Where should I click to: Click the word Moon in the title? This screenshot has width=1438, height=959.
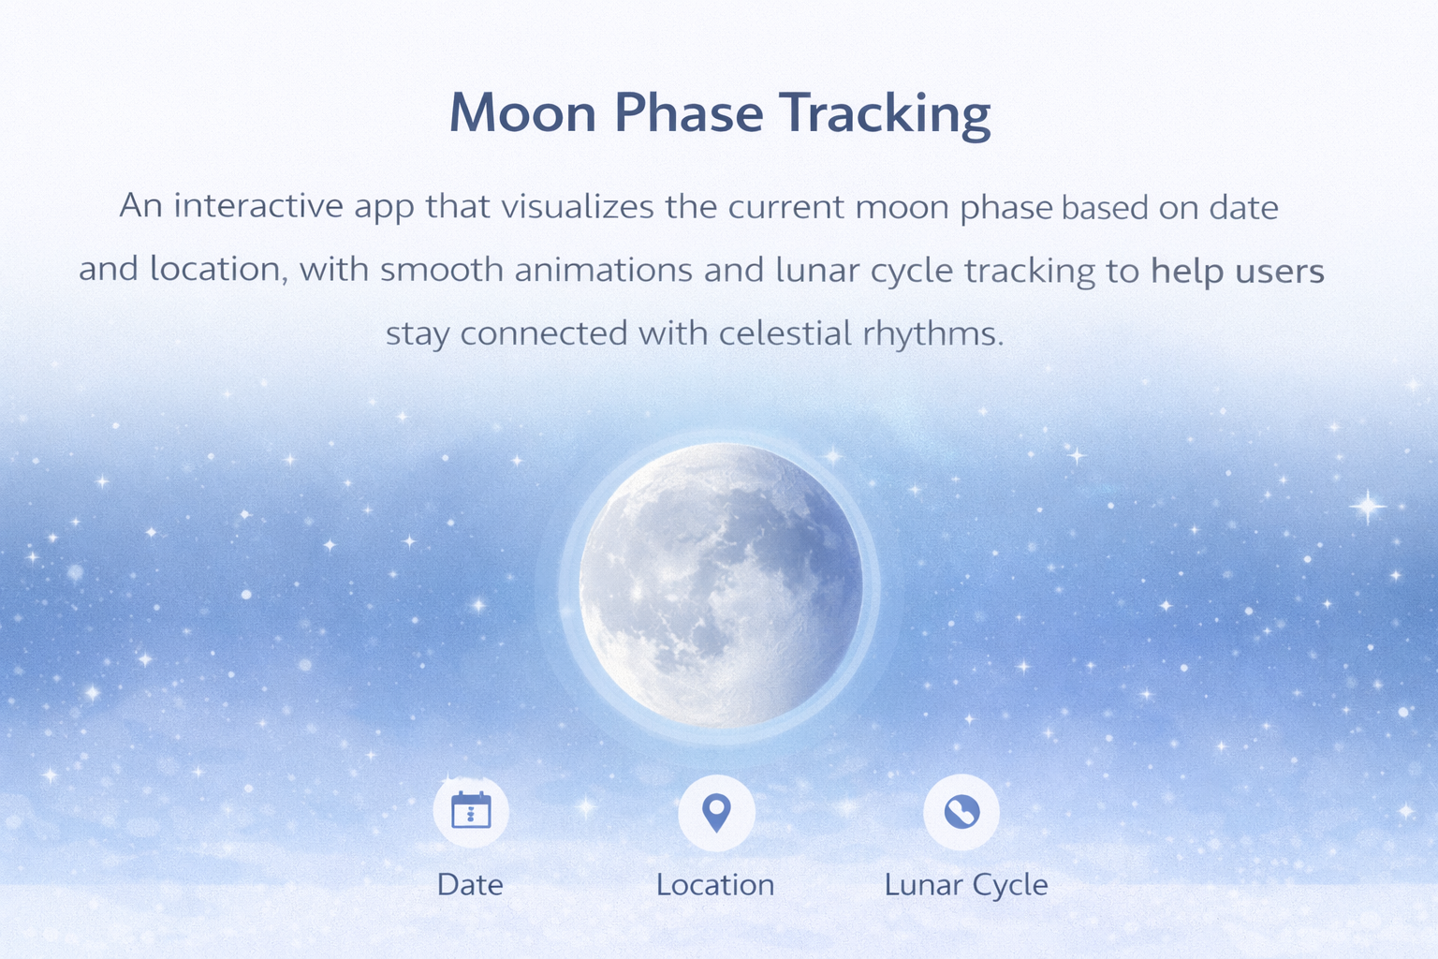click(x=522, y=113)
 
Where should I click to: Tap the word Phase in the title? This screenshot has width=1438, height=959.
click(x=688, y=113)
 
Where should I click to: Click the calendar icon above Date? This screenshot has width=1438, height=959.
click(x=471, y=811)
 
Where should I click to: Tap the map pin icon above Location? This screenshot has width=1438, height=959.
click(x=716, y=812)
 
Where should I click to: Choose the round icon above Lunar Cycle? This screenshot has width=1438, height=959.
click(x=961, y=812)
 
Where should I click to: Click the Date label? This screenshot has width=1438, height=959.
click(x=470, y=885)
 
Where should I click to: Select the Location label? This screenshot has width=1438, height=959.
click(x=715, y=885)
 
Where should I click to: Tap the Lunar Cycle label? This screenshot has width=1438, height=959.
click(x=966, y=885)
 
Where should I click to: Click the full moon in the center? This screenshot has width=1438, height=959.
click(x=720, y=586)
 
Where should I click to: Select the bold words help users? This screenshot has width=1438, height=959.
click(x=1237, y=271)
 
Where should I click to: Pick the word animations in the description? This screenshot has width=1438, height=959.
click(x=605, y=271)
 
